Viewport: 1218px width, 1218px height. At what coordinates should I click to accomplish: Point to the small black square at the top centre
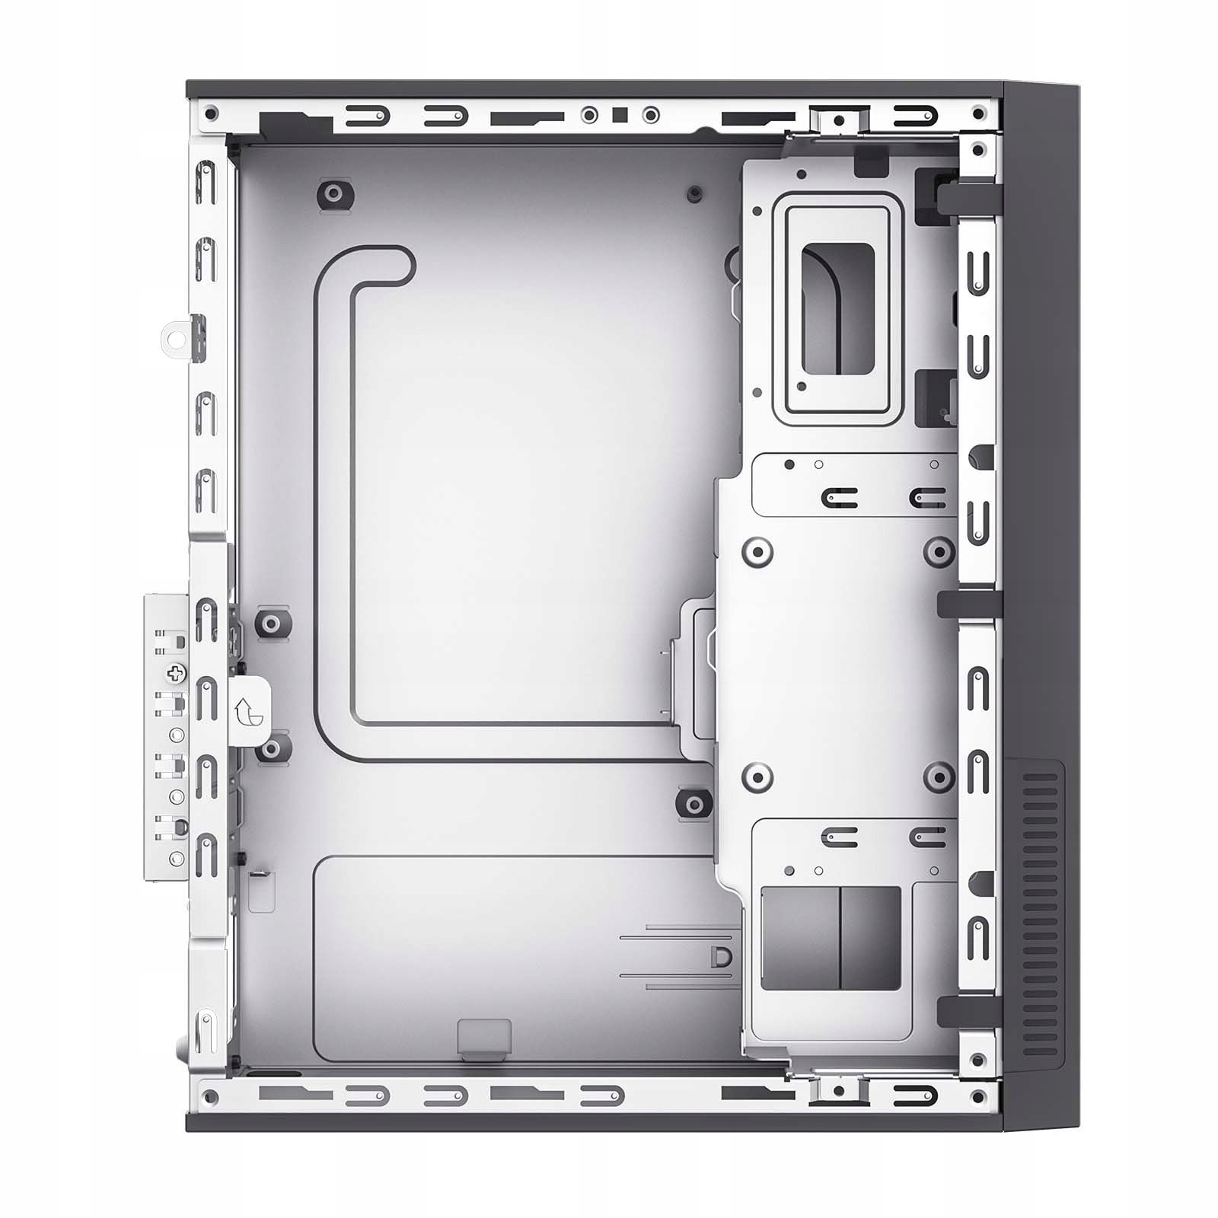620,115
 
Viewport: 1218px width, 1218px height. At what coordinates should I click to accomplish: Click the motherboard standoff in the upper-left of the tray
334,193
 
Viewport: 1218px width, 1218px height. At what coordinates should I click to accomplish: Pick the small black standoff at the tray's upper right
693,193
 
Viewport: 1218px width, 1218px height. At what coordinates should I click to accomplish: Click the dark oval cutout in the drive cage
837,308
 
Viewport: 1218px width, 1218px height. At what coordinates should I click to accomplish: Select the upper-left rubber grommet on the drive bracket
757,551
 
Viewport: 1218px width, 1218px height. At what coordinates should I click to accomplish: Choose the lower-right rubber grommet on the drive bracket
939,776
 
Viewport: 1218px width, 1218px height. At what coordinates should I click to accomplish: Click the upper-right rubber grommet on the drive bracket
939,551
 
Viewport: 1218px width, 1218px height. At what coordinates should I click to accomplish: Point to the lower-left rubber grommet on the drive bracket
757,776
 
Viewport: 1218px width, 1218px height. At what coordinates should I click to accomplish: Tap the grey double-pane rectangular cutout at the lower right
831,938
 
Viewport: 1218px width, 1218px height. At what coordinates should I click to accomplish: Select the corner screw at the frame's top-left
212,115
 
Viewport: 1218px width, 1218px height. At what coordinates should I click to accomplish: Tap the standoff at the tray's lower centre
693,803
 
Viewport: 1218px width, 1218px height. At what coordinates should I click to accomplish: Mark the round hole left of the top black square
589,115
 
